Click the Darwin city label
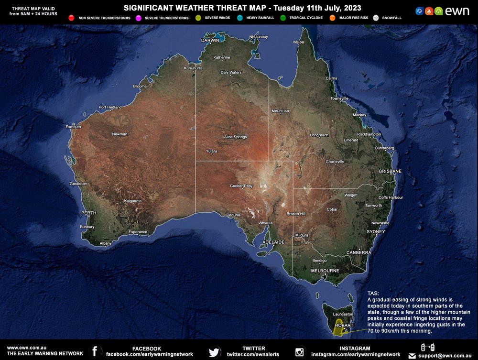click(x=210, y=41)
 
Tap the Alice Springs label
click(x=235, y=137)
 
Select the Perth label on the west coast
click(x=89, y=213)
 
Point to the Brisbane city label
click(x=390, y=171)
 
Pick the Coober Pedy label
click(x=241, y=185)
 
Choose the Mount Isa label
click(x=280, y=111)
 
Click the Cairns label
click(x=331, y=78)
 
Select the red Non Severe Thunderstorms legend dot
click(x=71, y=18)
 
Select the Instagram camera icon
click(x=300, y=352)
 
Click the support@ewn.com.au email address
click(x=445, y=356)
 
